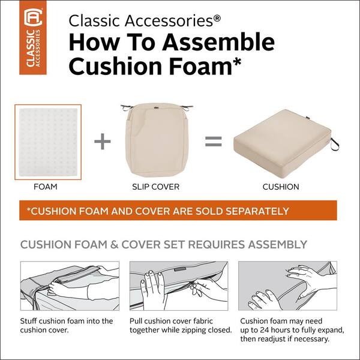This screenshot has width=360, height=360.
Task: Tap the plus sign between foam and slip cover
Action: coord(103,142)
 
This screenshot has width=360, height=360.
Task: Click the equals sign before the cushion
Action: coord(214,142)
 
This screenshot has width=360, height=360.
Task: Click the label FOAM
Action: coord(46,187)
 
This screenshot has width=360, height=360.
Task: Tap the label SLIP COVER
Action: coord(156,187)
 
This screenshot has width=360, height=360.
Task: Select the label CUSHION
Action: coord(281,187)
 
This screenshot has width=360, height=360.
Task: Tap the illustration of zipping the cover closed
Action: coord(178,286)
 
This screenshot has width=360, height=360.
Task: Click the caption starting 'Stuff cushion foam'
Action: coord(66,326)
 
